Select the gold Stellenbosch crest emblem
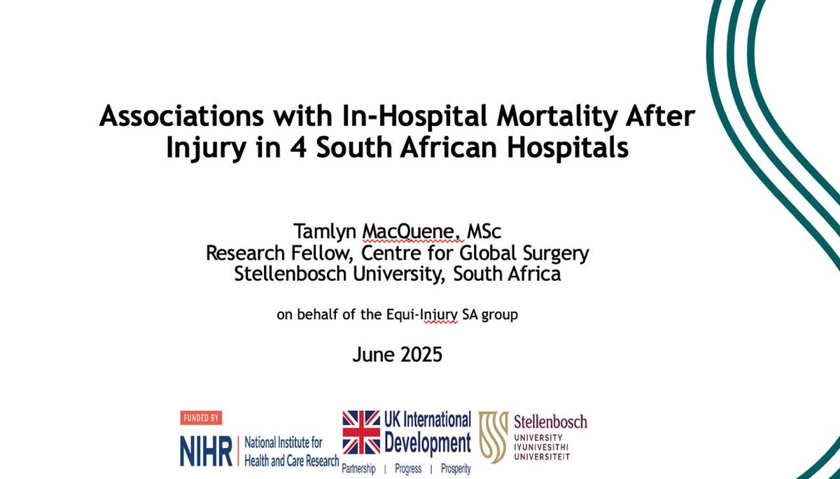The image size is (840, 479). (493, 437)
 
